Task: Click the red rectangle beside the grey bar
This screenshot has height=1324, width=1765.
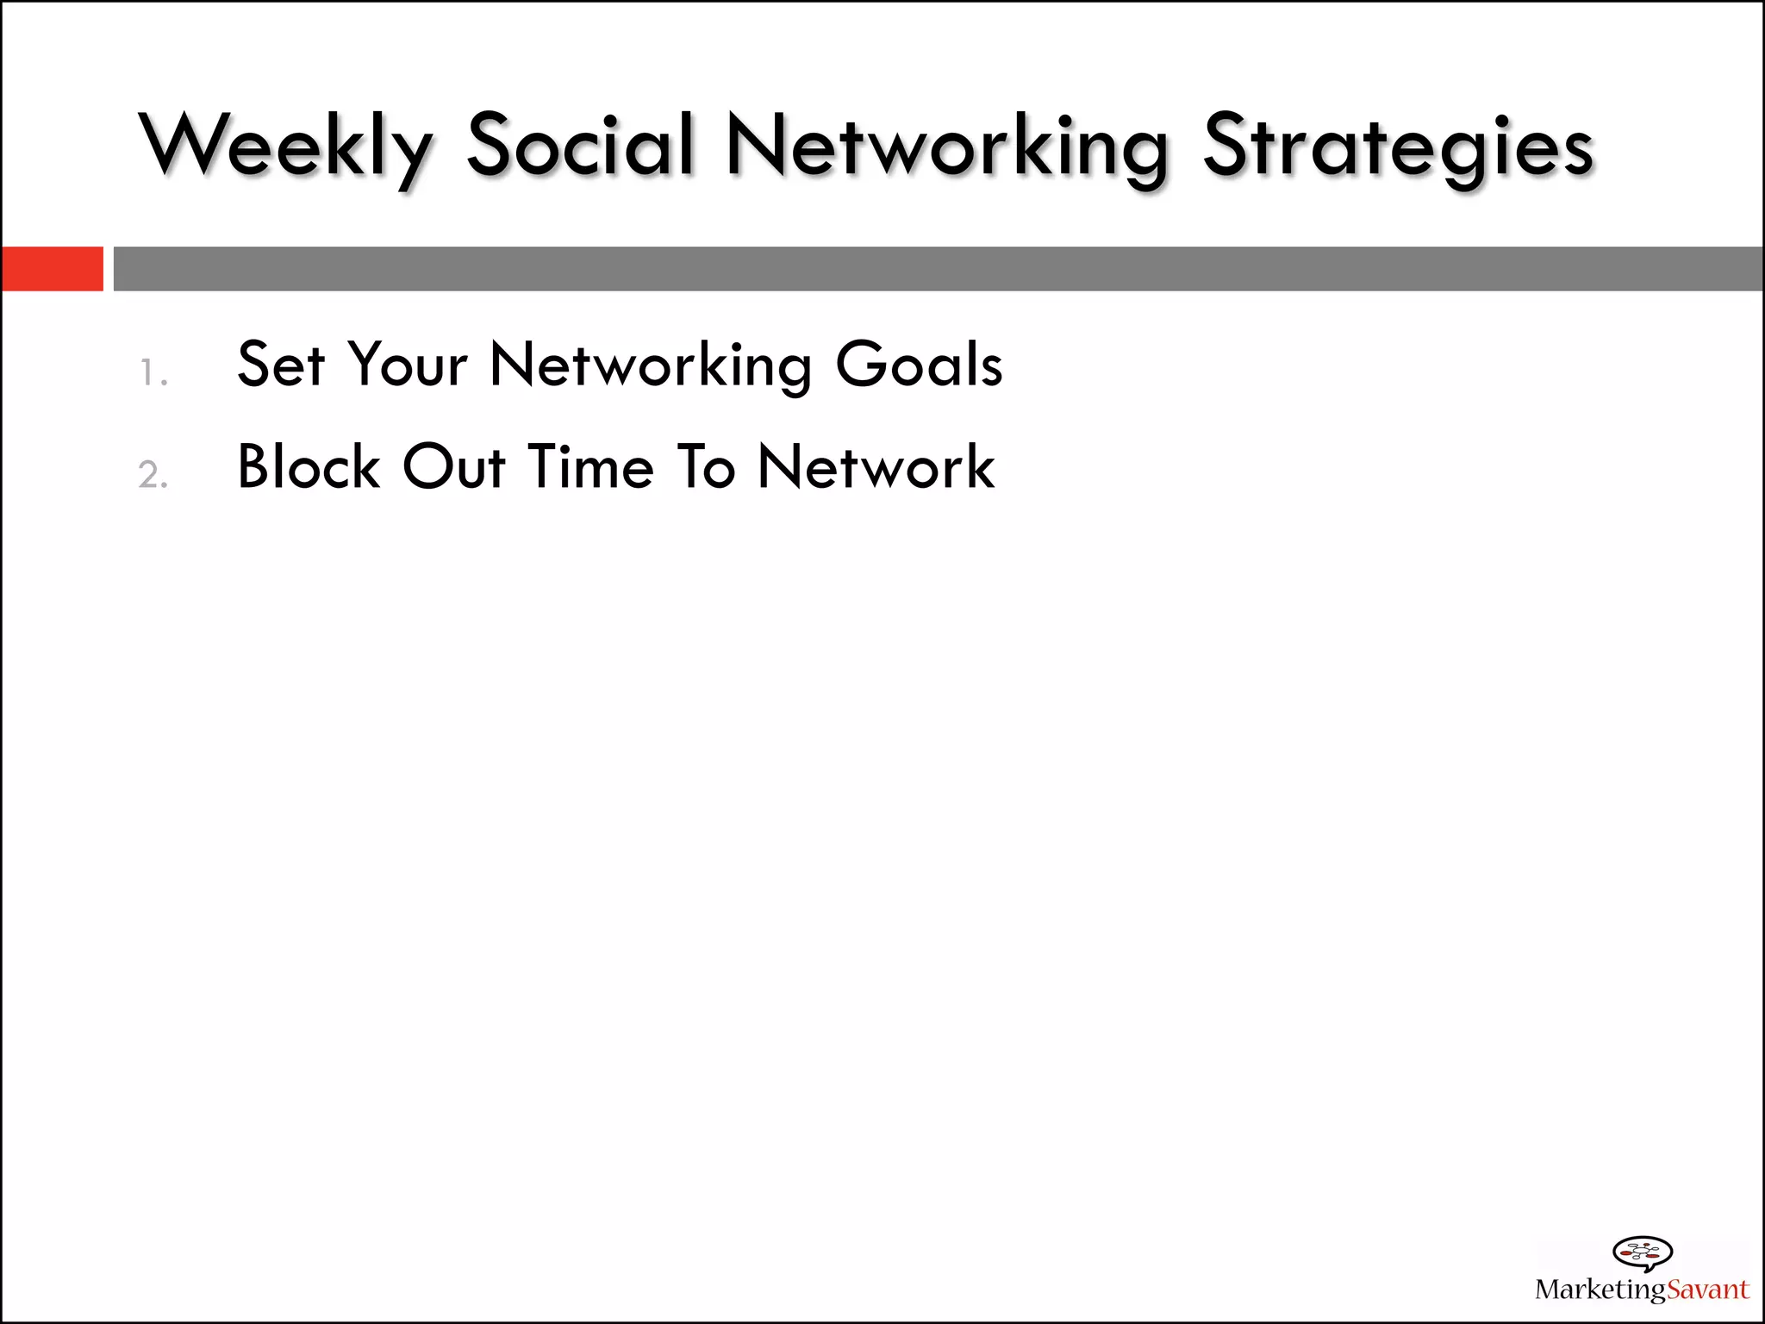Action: pyautogui.click(x=52, y=269)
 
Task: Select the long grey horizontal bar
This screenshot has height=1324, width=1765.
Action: pyautogui.click(x=938, y=269)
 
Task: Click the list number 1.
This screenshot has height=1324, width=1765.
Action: pyautogui.click(x=153, y=373)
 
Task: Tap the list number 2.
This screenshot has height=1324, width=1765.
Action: pyautogui.click(x=153, y=475)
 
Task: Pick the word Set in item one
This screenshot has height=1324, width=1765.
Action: pyautogui.click(x=281, y=365)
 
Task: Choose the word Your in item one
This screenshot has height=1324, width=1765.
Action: pyautogui.click(x=408, y=365)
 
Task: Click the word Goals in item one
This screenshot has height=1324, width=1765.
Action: pyautogui.click(x=919, y=365)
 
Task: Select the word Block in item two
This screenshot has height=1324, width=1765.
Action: pyautogui.click(x=309, y=467)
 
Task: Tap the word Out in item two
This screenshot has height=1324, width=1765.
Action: pyautogui.click(x=454, y=467)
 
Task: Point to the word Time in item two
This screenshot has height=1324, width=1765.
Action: pyautogui.click(x=591, y=467)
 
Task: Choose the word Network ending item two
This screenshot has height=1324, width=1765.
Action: pyautogui.click(x=876, y=467)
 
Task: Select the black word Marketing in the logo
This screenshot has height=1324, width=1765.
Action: pyautogui.click(x=1600, y=1290)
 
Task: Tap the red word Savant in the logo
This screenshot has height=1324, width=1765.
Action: pyautogui.click(x=1707, y=1290)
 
